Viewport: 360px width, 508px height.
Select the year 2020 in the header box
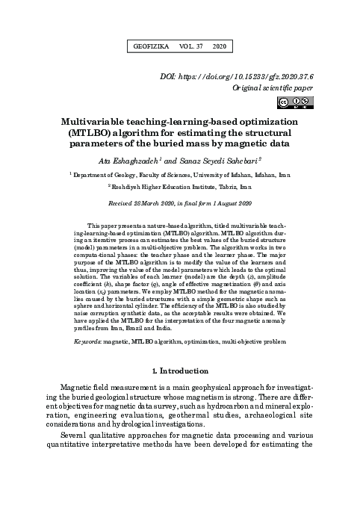(219, 46)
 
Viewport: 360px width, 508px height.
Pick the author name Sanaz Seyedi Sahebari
(217, 160)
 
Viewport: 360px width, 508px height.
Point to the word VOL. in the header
(184, 46)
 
